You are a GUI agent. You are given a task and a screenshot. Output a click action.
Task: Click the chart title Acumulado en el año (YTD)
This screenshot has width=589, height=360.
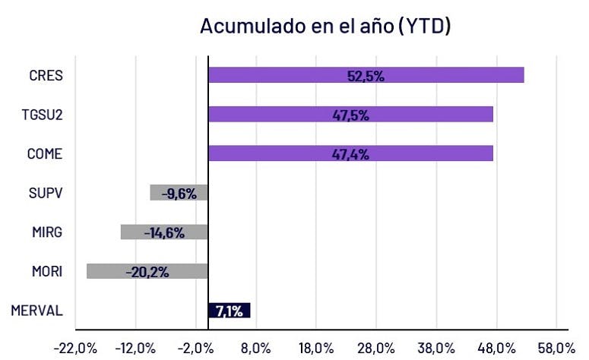tap(326, 26)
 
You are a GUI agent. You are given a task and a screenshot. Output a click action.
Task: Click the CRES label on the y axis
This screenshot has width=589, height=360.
tap(46, 75)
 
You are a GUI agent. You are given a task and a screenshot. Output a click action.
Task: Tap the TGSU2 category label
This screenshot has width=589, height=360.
tap(43, 115)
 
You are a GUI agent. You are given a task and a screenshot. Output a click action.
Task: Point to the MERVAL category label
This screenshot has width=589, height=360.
tap(38, 310)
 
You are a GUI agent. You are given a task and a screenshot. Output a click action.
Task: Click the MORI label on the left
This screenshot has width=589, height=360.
tap(46, 271)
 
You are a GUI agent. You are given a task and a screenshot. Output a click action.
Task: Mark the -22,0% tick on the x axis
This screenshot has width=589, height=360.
tap(74, 348)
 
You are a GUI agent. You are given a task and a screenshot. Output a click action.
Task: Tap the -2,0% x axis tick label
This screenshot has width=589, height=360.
tap(196, 348)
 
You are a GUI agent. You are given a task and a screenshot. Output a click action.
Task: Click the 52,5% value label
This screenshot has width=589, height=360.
tap(366, 75)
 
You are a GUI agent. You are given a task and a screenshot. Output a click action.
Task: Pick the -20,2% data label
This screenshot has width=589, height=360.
tap(147, 271)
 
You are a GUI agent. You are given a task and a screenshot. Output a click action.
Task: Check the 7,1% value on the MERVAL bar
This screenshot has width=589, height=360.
tap(229, 310)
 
